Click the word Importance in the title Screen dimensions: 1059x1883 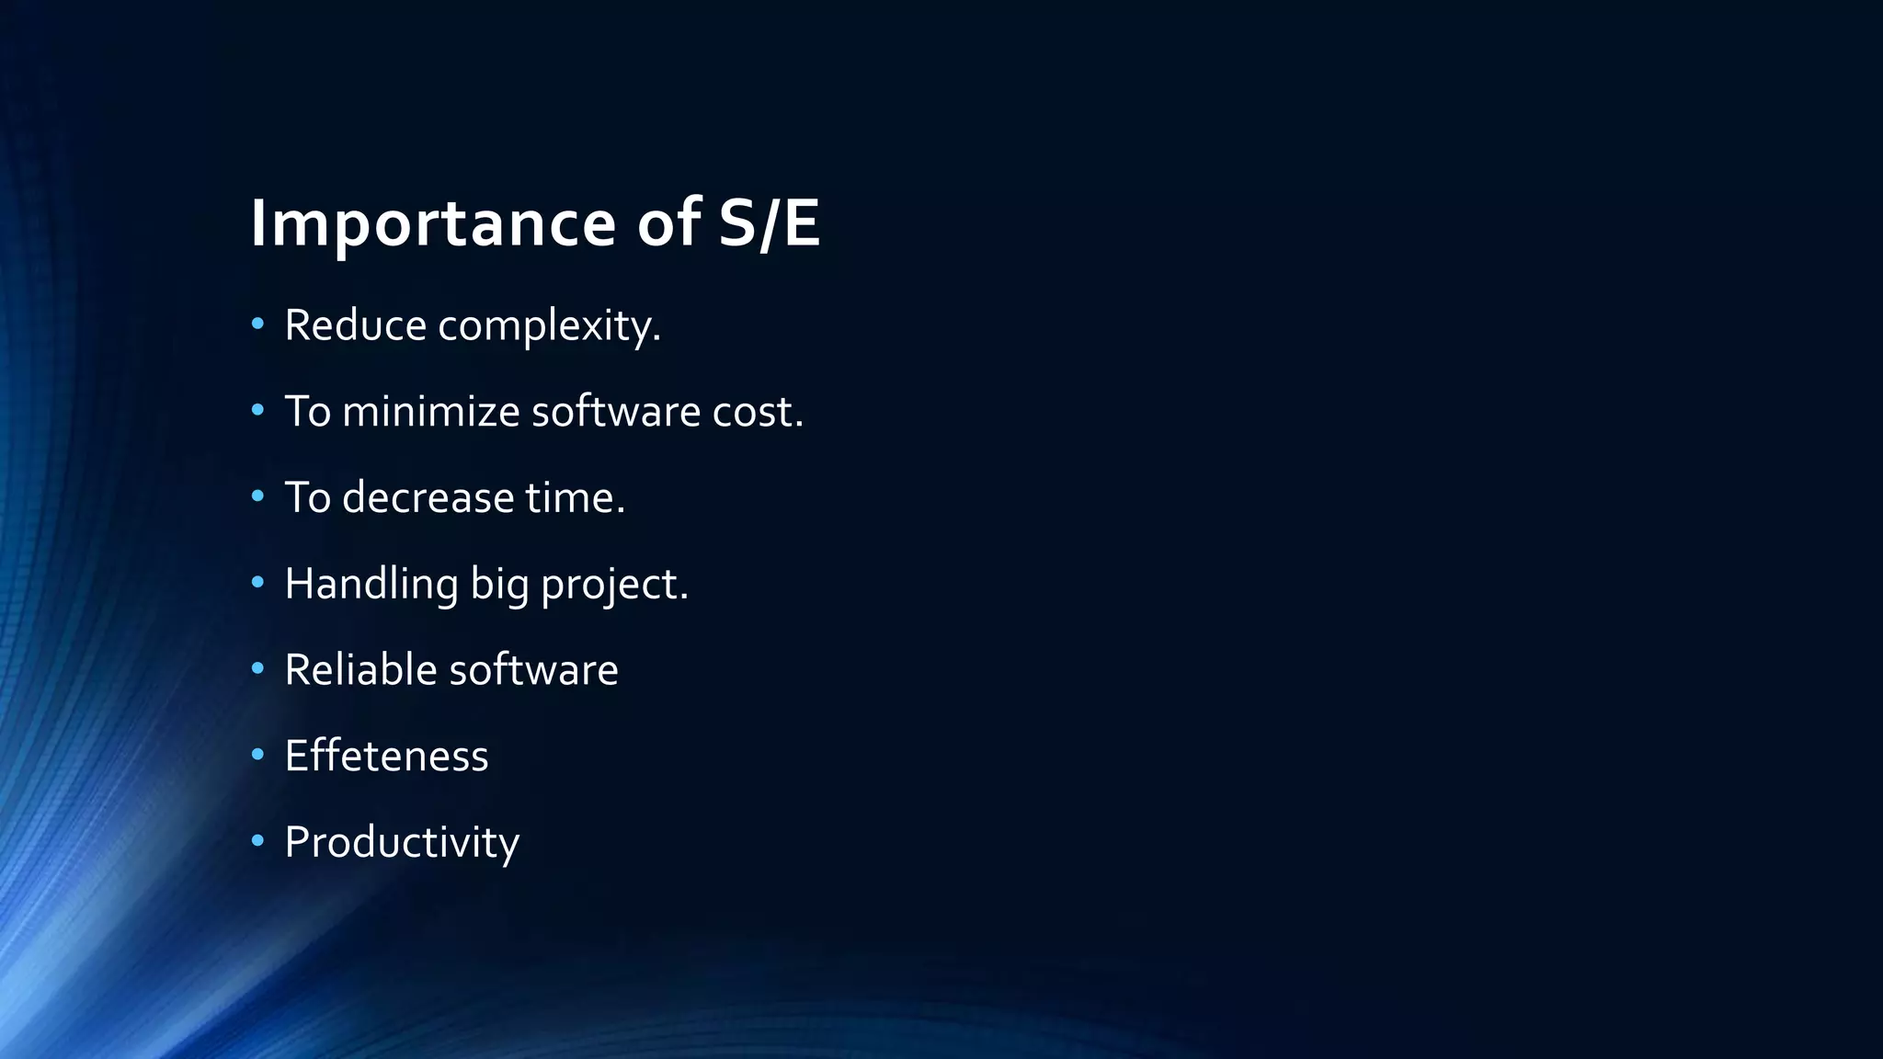click(432, 223)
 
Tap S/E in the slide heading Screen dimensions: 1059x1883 click(768, 223)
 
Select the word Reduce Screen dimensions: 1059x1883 click(355, 325)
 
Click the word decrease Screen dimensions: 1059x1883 click(428, 497)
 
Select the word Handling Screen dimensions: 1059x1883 click(371, 585)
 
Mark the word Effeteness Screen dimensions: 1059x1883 click(386, 756)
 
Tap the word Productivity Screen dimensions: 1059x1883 click(402, 843)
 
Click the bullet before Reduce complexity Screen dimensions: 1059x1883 click(257, 324)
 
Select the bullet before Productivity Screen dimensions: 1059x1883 click(257, 840)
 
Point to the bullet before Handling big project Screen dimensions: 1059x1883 click(257, 582)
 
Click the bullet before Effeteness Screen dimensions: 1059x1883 click(257, 754)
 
